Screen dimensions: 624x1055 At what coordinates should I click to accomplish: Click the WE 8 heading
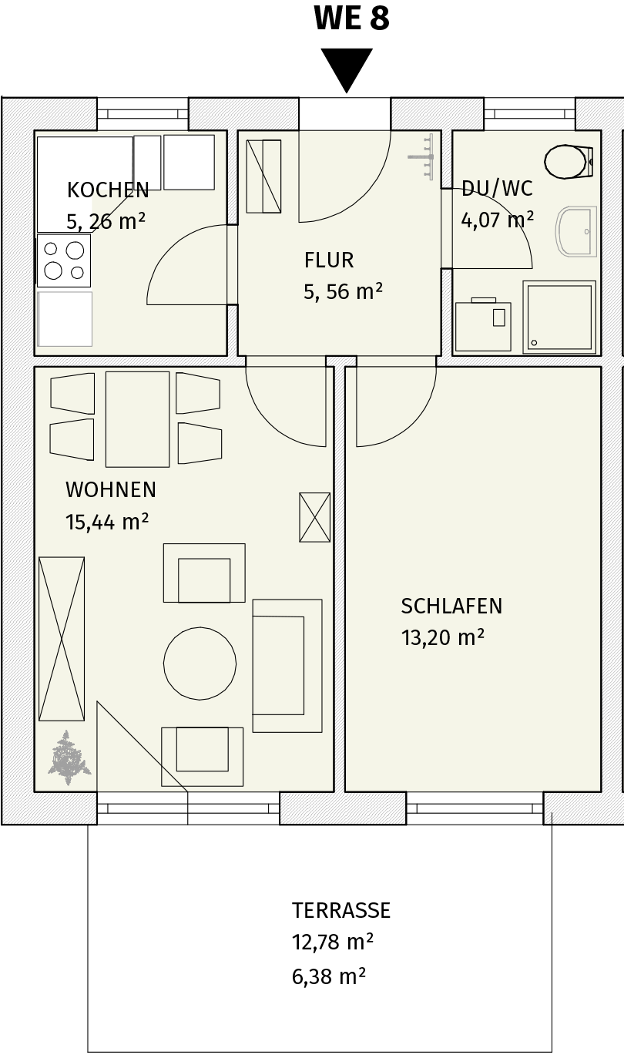(x=352, y=18)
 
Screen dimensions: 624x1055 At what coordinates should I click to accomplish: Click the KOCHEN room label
(x=108, y=190)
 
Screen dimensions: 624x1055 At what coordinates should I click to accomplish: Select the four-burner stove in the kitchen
(x=64, y=260)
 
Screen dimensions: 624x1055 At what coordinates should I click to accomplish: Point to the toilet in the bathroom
(x=569, y=162)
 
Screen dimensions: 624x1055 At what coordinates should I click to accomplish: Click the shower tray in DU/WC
(x=559, y=317)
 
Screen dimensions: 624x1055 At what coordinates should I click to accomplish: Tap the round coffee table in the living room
(x=200, y=664)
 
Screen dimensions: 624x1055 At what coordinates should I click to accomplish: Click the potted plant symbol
(x=69, y=758)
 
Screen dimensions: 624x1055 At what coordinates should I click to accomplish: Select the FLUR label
(x=329, y=260)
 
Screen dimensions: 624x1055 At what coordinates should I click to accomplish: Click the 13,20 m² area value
(x=443, y=638)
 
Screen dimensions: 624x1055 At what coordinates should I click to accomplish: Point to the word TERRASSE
(x=341, y=910)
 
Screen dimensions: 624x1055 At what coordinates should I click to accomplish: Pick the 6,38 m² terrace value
(x=329, y=976)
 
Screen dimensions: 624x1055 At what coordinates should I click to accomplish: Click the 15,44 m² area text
(x=107, y=522)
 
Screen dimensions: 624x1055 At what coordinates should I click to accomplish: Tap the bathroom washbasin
(x=576, y=231)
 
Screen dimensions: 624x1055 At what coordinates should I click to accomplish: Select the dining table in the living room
(x=138, y=419)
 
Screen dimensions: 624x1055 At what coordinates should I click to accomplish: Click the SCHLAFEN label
(x=451, y=606)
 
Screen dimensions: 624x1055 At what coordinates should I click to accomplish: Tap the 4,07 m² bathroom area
(x=498, y=220)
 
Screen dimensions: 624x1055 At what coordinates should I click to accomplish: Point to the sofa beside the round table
(x=287, y=666)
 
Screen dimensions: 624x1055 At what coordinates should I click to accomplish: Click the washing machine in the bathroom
(x=483, y=324)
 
